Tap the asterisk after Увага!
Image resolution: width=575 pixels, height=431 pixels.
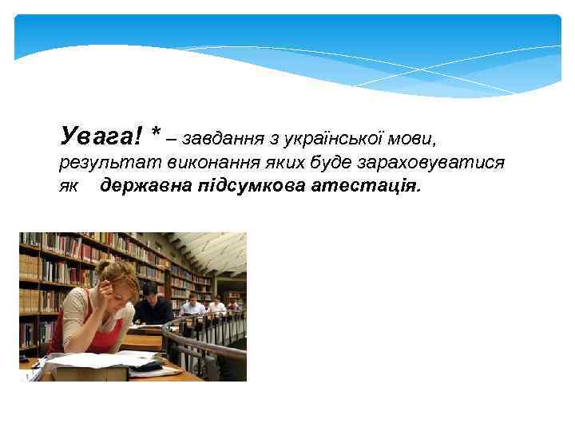pos(157,132)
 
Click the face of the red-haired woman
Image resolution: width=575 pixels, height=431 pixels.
pos(119,286)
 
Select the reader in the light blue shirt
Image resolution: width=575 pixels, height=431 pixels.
pos(192,305)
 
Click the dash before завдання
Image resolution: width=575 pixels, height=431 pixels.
pos(172,138)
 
